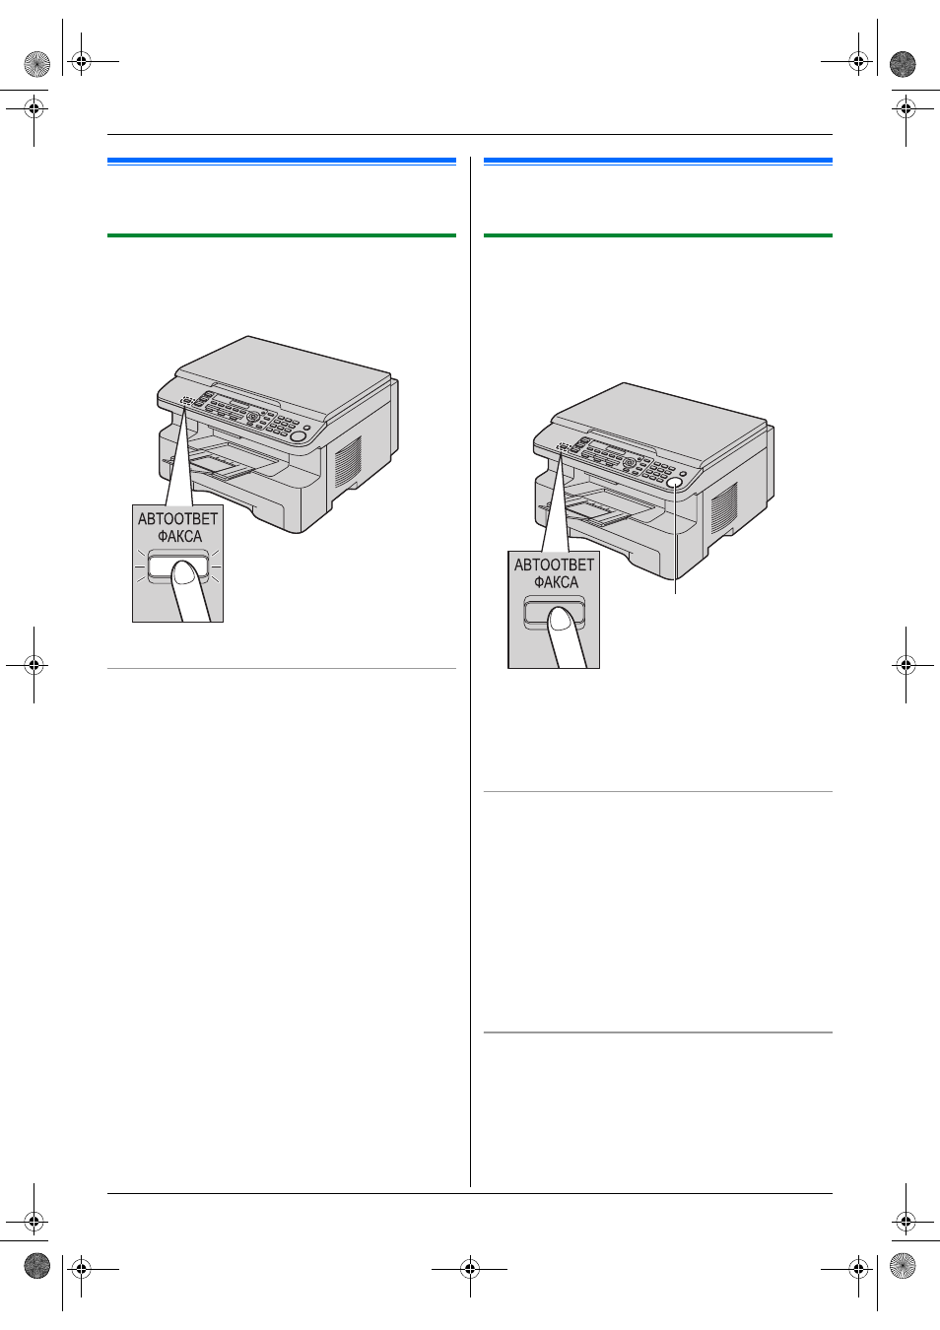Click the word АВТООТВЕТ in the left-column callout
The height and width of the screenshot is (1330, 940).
point(177,519)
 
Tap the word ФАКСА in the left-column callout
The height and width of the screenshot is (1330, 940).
point(179,537)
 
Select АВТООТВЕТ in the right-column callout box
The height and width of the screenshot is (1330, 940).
point(554,565)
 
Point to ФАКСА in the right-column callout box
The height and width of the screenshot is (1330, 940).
point(556,582)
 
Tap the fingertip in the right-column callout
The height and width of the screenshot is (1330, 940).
point(560,620)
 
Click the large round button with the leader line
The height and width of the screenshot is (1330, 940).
point(674,484)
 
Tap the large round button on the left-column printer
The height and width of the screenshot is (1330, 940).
point(299,437)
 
